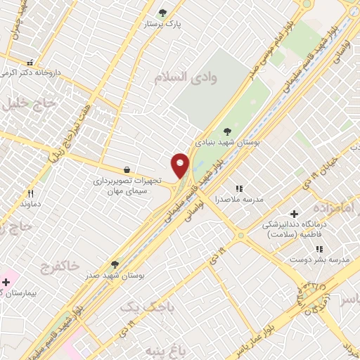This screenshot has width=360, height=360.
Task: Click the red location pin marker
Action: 181,165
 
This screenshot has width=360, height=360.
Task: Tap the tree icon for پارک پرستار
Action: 163,13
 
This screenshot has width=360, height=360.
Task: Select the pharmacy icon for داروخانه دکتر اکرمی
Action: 30,62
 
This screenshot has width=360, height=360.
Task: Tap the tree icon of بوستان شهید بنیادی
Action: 226,131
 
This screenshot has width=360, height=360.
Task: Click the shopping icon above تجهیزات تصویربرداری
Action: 127,169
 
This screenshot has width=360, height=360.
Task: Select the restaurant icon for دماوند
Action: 30,193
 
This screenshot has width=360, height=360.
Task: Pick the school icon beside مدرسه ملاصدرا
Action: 239,188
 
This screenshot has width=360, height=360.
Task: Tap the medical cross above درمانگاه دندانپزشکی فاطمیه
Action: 294,213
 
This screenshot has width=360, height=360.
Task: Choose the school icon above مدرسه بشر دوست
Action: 319,249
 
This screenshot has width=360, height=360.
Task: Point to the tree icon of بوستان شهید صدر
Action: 115,264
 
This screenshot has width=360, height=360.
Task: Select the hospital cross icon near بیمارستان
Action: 6,283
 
